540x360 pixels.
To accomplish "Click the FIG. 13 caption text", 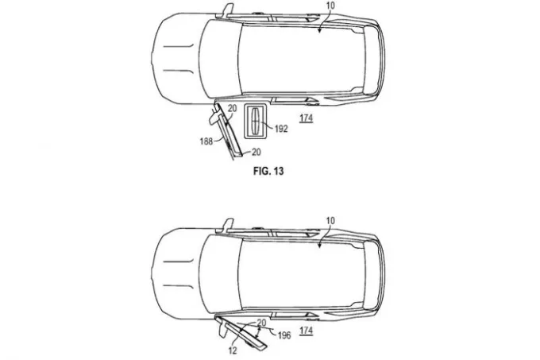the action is pos(268,171).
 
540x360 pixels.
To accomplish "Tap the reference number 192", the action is pos(281,129).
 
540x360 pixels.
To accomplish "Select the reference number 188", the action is pos(206,141).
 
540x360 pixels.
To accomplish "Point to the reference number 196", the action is pos(284,335).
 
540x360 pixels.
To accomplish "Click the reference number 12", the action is pos(233,350).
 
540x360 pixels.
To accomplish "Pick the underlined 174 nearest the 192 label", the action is pos(307,118).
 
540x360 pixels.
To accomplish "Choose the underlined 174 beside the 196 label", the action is pos(307,331).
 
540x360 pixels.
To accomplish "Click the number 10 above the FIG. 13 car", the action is pos(330,6).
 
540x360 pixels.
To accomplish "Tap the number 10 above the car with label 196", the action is pos(330,220).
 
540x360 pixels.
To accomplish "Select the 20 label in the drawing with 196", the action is pos(262,323).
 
